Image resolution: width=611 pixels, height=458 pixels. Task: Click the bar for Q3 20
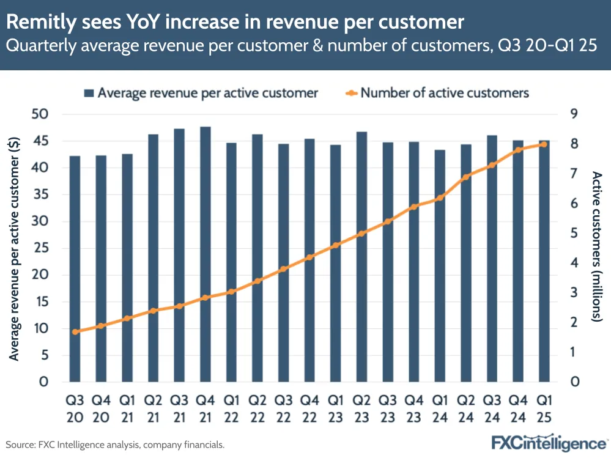coord(75,269)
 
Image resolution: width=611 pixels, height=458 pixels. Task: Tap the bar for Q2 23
coord(361,257)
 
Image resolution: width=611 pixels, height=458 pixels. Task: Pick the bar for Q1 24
coord(440,266)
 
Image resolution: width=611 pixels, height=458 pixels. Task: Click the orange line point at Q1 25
coord(544,144)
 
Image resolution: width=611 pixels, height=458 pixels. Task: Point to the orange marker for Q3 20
coord(75,332)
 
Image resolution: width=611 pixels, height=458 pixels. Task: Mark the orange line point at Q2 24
coord(466,177)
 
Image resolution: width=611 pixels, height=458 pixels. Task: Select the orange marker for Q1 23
coord(335,245)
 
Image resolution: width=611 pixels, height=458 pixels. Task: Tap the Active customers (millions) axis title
coord(597,246)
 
